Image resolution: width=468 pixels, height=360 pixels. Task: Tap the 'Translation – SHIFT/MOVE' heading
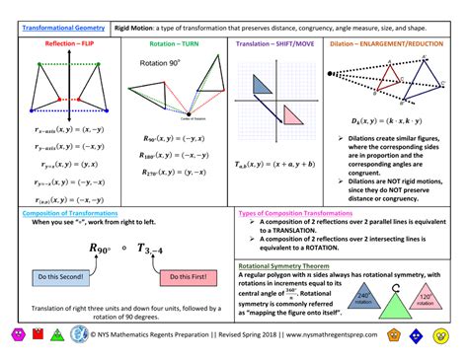[x=277, y=44]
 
